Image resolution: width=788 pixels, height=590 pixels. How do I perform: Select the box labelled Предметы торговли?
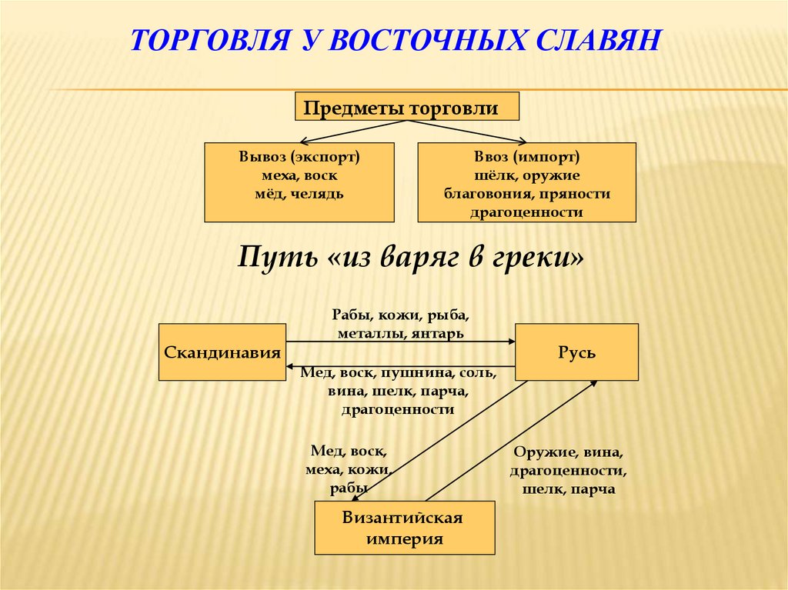click(407, 108)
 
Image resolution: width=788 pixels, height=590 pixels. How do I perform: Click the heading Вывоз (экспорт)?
click(299, 157)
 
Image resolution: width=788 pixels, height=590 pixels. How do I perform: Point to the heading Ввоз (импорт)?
click(527, 157)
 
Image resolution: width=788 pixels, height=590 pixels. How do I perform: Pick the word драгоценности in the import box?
click(527, 212)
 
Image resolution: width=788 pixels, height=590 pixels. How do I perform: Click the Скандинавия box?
click(222, 353)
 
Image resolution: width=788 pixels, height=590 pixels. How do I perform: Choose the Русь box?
click(576, 353)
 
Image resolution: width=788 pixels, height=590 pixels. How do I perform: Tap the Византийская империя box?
click(404, 528)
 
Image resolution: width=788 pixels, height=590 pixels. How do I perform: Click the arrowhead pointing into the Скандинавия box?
click(290, 367)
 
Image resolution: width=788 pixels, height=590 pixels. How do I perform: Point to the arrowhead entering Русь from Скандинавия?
click(510, 341)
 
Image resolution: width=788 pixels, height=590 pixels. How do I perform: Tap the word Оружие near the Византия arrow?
click(542, 452)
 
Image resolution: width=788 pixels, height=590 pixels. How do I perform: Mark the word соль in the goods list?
click(478, 373)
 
